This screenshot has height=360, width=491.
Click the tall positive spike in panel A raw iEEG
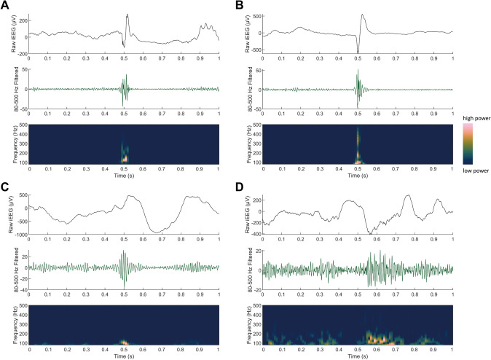tap(127, 15)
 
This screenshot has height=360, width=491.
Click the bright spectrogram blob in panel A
tap(125, 157)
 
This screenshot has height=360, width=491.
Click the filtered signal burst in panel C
tap(124, 267)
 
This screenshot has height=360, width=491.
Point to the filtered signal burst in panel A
tap(125, 89)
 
